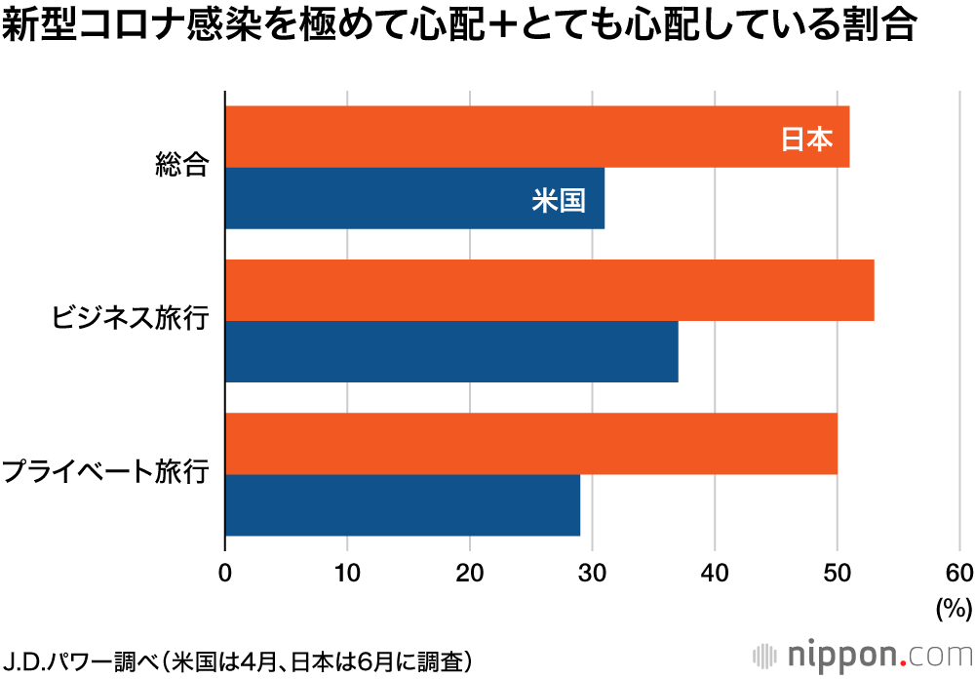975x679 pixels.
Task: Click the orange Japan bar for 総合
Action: click(x=536, y=137)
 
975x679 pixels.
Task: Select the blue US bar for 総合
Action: click(x=414, y=199)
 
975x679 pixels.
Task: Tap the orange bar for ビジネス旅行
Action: click(x=549, y=290)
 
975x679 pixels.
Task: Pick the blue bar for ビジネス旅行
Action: click(x=451, y=352)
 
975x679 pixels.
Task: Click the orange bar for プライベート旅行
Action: click(x=530, y=444)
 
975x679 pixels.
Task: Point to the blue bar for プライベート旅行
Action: click(x=402, y=505)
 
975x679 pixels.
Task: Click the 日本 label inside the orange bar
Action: click(x=807, y=140)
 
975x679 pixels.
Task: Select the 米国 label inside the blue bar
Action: click(x=559, y=201)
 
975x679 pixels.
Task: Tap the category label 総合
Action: click(x=182, y=165)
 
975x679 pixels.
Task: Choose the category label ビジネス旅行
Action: click(x=131, y=318)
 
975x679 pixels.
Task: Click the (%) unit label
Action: click(x=954, y=609)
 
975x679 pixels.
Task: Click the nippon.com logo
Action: click(x=862, y=654)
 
